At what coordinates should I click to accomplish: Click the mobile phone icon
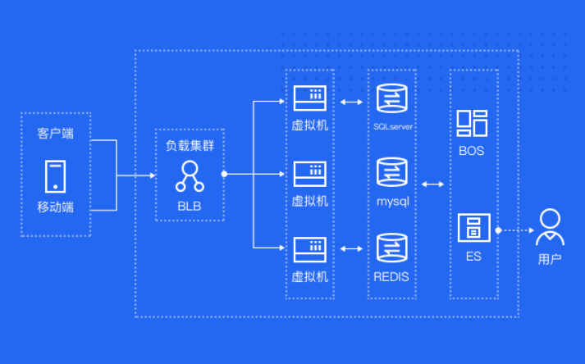coord(55,176)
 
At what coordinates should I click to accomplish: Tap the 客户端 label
coord(55,133)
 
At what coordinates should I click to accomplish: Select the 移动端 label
coord(55,207)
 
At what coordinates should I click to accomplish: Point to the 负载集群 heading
coord(190,145)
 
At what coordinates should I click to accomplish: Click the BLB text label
coord(190,206)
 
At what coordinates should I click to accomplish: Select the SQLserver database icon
coord(391,98)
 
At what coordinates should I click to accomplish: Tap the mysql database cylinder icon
coord(391,172)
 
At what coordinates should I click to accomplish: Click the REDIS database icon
coord(391,248)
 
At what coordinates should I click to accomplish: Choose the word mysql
coord(393,202)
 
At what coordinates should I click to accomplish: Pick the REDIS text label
coord(391,277)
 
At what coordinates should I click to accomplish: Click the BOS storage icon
coord(472,124)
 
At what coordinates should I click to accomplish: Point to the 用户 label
coord(550,259)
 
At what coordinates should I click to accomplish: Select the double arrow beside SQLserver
coord(351,102)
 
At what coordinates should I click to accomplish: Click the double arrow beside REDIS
coord(351,248)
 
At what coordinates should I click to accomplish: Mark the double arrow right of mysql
coord(432,184)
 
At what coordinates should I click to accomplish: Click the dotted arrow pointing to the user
coord(515,230)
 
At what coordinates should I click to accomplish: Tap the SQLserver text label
coord(393,127)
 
